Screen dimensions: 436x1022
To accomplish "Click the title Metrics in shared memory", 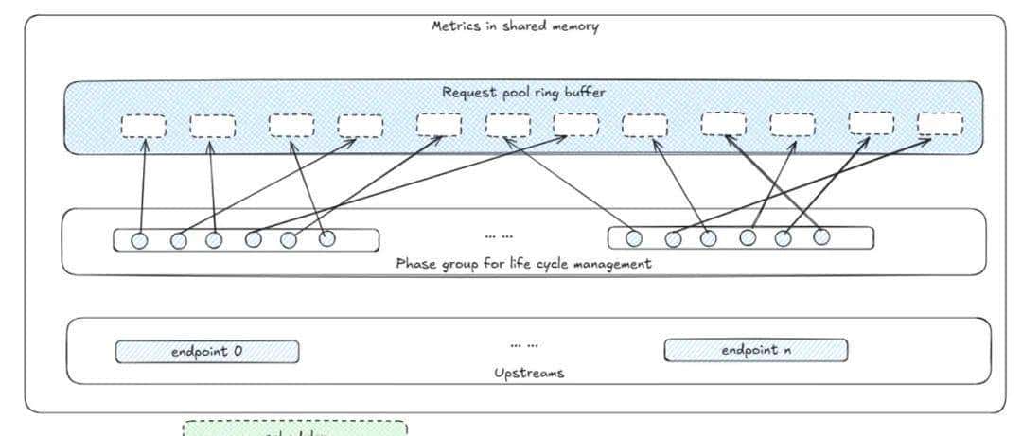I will [x=515, y=26].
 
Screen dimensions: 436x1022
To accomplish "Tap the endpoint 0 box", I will [x=207, y=351].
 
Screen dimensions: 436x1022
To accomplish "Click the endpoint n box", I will [x=755, y=350].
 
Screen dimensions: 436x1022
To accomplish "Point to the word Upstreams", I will [x=529, y=373].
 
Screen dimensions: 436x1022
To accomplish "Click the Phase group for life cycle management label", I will [x=523, y=264].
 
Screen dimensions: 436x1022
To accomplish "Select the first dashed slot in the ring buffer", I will [x=144, y=126].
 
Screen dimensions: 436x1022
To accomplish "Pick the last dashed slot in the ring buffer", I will [x=941, y=124].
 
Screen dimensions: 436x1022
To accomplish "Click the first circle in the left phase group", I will [x=140, y=240].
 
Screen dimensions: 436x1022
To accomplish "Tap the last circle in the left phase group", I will [x=326, y=238].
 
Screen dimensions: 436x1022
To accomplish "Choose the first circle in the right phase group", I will [x=634, y=238].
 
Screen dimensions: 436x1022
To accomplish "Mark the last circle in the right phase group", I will [x=821, y=236].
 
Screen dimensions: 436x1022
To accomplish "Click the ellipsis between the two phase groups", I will [x=498, y=235].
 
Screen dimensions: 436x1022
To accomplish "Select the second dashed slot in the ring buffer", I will [x=213, y=126].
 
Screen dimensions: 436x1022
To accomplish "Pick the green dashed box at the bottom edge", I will [x=294, y=428].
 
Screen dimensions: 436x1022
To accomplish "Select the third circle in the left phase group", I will [x=214, y=240].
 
